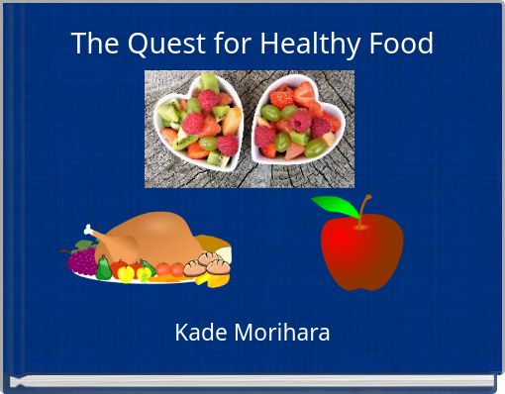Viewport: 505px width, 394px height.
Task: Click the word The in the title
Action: [x=94, y=45]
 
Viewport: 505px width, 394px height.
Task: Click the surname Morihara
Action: [x=281, y=333]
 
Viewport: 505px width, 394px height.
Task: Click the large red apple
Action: [x=361, y=252]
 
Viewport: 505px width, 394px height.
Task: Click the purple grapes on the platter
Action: [x=81, y=261]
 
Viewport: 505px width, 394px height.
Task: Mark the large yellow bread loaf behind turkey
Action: [x=213, y=243]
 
